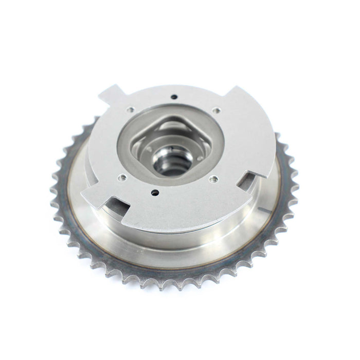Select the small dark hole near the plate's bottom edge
tap(155, 194)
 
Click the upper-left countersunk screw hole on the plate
tap(132, 109)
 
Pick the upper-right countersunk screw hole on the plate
tap(217, 110)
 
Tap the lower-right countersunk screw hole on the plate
tap(211, 180)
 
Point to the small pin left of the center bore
tap(149, 150)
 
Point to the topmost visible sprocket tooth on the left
tap(95, 120)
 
